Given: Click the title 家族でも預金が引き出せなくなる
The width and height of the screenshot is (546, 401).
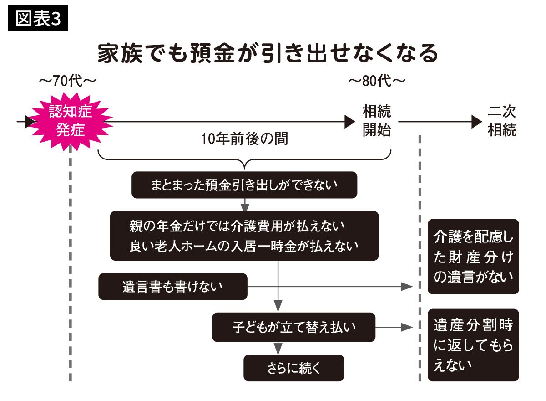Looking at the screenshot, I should coord(268,54).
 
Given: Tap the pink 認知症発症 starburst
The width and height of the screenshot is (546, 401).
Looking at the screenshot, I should coord(71,121).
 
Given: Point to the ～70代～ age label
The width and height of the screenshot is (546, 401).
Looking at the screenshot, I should coord(68,82).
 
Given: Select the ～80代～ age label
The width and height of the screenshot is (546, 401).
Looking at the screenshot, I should coord(377,82).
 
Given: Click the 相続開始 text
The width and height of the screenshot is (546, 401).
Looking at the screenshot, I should coord(377,121).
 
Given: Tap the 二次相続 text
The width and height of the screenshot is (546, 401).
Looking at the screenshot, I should coord(502,121).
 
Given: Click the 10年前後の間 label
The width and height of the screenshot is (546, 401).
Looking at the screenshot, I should coord(244,139).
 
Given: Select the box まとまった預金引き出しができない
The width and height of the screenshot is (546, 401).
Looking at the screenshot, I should coord(244,185).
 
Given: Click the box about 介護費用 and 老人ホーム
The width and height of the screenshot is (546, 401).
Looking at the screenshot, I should coord(244,236).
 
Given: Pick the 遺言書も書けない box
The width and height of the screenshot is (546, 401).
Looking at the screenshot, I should coord(173,287).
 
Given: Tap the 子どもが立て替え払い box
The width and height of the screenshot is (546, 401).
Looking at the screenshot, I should coord(293,327).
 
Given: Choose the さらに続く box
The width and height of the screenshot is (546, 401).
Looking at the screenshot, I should coord(293,368).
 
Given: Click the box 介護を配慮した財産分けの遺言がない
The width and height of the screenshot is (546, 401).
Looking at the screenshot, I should coord(473,257).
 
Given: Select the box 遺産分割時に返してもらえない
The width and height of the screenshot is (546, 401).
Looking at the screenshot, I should coord(473,345).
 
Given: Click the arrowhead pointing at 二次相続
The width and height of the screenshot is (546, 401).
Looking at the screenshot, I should coord(477,122).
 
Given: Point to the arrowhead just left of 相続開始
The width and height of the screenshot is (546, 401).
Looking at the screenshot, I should coord(349,122).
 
